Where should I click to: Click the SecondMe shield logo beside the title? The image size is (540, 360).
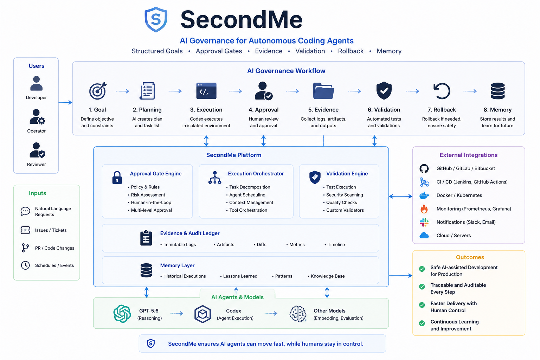(156, 20)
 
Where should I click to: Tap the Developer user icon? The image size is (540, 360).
(37, 83)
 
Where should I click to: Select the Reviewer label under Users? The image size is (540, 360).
(37, 165)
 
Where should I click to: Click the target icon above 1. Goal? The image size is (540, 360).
(98, 91)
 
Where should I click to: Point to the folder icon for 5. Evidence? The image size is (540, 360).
(323, 91)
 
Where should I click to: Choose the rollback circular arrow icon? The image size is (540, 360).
(442, 91)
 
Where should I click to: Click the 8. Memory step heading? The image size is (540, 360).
(497, 110)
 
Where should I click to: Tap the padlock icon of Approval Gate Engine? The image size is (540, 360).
(117, 178)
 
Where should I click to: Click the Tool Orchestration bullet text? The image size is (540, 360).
(248, 210)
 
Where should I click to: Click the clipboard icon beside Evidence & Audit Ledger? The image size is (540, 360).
(146, 238)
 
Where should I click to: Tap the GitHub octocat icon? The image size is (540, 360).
(424, 168)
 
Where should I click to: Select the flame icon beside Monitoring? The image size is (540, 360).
(424, 209)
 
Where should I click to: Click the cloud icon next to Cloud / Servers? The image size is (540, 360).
(424, 236)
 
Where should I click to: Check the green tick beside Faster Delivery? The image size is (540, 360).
(422, 305)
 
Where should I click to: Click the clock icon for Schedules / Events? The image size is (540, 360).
(25, 265)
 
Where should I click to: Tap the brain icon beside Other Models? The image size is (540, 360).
(298, 314)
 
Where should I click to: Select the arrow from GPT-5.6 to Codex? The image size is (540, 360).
(177, 314)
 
